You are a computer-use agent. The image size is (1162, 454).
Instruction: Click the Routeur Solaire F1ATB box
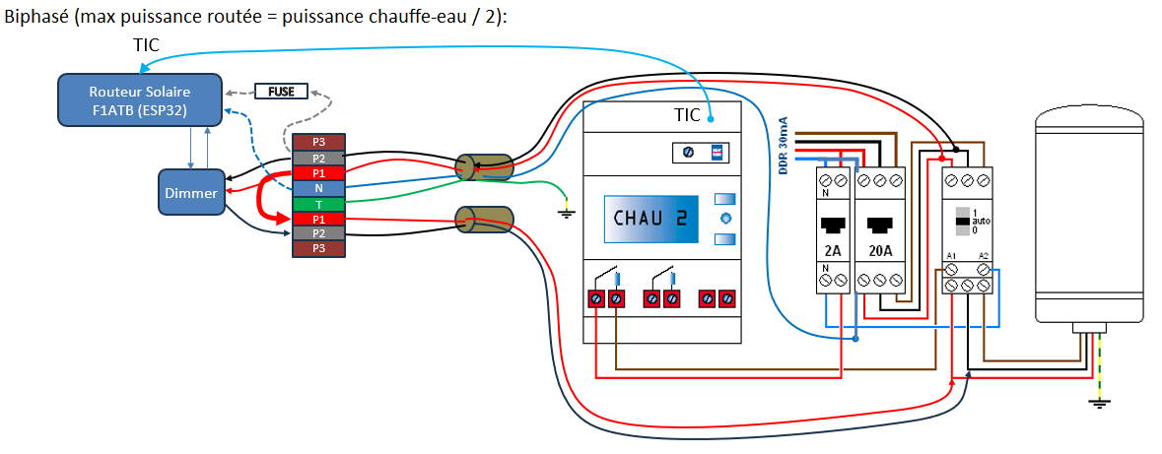click(x=139, y=99)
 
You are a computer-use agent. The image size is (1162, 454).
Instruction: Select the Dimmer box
click(x=192, y=193)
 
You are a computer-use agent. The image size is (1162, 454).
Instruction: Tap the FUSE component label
click(x=281, y=92)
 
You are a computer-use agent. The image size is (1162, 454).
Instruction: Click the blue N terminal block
click(x=318, y=188)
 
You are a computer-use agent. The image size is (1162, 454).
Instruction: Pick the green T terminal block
click(x=318, y=203)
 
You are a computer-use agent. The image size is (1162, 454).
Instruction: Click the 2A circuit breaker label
click(x=834, y=250)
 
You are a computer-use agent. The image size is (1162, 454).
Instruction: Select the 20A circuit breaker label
click(x=881, y=250)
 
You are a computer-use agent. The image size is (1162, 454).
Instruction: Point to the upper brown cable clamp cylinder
click(x=483, y=167)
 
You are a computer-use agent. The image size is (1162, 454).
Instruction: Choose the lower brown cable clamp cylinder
click(x=483, y=220)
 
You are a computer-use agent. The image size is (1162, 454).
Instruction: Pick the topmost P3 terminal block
click(x=318, y=142)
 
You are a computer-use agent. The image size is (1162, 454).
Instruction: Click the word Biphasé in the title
click(x=35, y=19)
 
